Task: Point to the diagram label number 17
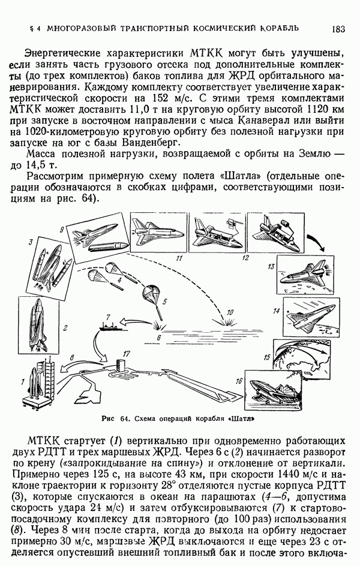click(x=126, y=354)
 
